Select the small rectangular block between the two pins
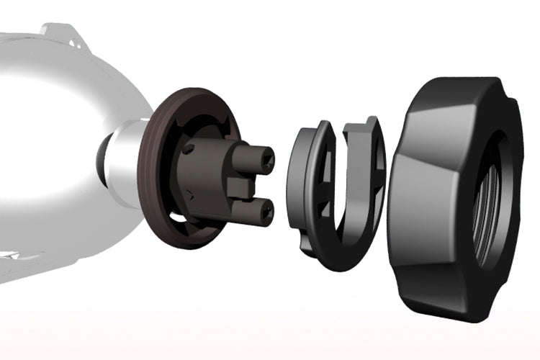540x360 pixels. pyautogui.click(x=242, y=186)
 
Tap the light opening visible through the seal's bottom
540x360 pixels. pyautogui.click(x=180, y=216)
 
